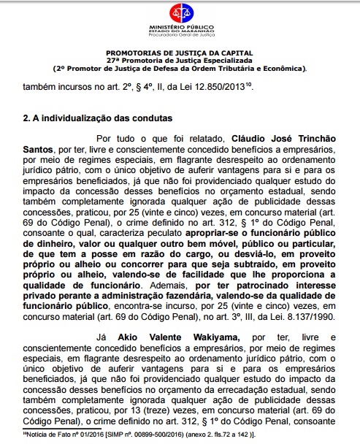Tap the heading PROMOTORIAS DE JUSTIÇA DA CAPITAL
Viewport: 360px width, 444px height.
[x=179, y=53]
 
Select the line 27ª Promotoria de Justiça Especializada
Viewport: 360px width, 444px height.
[x=179, y=61]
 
